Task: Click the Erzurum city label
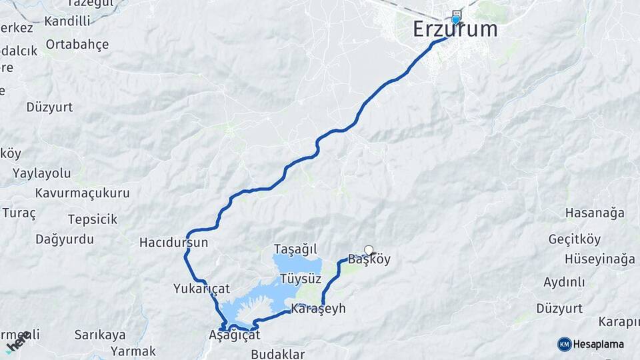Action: click(x=455, y=29)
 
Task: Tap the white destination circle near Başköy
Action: click(x=369, y=251)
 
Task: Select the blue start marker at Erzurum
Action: click(x=456, y=19)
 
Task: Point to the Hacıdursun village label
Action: click(x=173, y=243)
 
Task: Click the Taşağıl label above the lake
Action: click(x=295, y=249)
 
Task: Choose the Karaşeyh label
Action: click(x=318, y=310)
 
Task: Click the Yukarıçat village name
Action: click(x=201, y=289)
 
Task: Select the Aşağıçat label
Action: click(x=234, y=335)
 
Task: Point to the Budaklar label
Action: click(x=278, y=354)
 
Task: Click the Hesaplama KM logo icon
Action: click(x=565, y=344)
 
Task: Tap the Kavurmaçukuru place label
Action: click(x=83, y=193)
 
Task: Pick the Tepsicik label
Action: click(x=93, y=219)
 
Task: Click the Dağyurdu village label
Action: click(x=65, y=239)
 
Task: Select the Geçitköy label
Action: click(x=575, y=239)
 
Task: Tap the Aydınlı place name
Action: click(x=564, y=282)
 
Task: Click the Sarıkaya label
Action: click(x=100, y=334)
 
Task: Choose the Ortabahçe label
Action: click(x=77, y=45)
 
